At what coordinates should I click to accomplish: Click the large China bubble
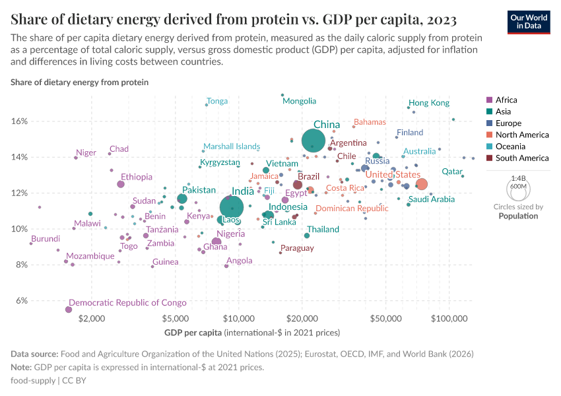pos(313,141)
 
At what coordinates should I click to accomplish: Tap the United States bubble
pos(422,184)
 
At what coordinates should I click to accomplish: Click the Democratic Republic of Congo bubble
pos(69,310)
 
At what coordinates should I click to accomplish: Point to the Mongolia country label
pos(299,101)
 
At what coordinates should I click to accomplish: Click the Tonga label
pos(217,101)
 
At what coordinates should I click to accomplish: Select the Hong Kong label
pos(428,103)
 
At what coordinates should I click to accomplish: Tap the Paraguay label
pos(297,248)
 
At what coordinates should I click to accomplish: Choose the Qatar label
pos(452,171)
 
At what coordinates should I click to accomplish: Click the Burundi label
pos(46,238)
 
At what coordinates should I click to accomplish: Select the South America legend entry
pos(521,158)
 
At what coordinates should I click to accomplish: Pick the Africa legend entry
pos(506,100)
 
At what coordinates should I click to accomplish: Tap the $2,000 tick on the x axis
pos(91,317)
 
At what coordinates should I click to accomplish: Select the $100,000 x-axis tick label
pos(449,317)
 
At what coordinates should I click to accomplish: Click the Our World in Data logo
pos(529,21)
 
